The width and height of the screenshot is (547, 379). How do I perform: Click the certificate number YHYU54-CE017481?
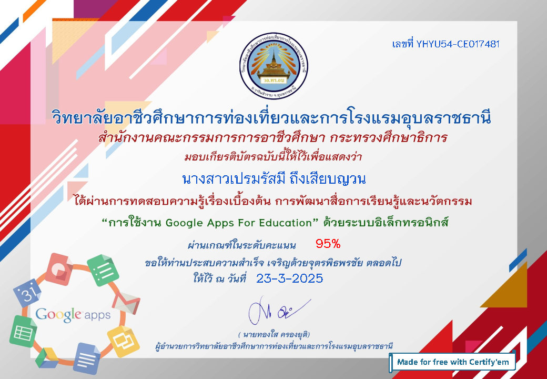pyautogui.click(x=458, y=44)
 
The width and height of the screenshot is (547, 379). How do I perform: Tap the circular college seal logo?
pyautogui.click(x=273, y=66)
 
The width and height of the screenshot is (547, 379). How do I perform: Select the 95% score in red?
pyautogui.click(x=328, y=244)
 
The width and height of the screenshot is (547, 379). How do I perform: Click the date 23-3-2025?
pyautogui.click(x=290, y=278)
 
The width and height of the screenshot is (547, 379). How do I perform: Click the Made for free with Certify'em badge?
pyautogui.click(x=452, y=362)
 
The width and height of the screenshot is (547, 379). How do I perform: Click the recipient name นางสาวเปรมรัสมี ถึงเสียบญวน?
pyautogui.click(x=274, y=179)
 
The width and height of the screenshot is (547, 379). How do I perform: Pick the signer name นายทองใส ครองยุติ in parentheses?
pyautogui.click(x=274, y=335)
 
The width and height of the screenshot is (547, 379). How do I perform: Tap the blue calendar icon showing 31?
pyautogui.click(x=27, y=293)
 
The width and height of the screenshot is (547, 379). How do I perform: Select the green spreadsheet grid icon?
pyautogui.click(x=23, y=331)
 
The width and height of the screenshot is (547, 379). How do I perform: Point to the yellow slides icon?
pyautogui.click(x=123, y=341)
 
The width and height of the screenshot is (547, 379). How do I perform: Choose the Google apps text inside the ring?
pyautogui.click(x=73, y=315)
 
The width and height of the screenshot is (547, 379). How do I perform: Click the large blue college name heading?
pyautogui.click(x=271, y=117)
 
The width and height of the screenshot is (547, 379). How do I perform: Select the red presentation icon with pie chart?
pyautogui.click(x=58, y=269)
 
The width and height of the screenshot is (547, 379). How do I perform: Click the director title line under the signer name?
pyautogui.click(x=274, y=346)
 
